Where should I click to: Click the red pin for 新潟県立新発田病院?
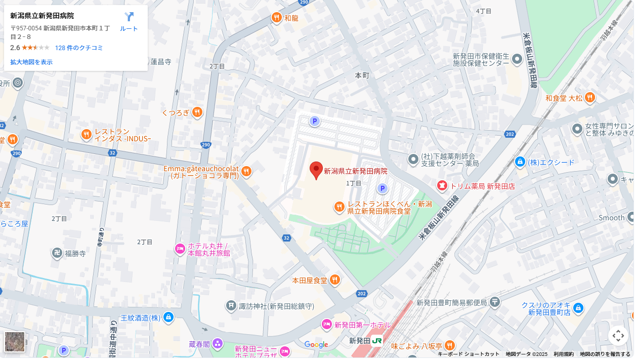click(x=316, y=170)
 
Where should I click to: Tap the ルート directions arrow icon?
click(x=129, y=17)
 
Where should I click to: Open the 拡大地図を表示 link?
click(x=31, y=62)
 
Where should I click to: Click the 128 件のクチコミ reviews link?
click(x=79, y=48)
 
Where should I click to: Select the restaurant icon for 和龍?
click(x=276, y=18)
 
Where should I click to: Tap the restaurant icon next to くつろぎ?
click(x=197, y=112)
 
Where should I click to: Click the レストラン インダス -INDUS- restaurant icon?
click(x=87, y=135)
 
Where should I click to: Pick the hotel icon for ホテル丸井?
click(x=180, y=249)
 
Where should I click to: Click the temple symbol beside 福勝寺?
click(x=57, y=253)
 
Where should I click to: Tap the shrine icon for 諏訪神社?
click(x=231, y=306)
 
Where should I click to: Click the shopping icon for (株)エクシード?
click(x=520, y=163)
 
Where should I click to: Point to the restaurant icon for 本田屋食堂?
click(x=334, y=279)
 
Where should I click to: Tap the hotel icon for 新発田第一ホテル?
click(x=327, y=325)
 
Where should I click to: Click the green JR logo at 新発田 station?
click(x=377, y=341)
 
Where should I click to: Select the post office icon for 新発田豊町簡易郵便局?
click(x=495, y=303)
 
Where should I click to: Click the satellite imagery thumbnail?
click(x=15, y=342)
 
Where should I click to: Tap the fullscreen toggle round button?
click(x=618, y=336)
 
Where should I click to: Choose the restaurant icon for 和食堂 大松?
click(x=590, y=98)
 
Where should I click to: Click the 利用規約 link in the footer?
click(x=563, y=354)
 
